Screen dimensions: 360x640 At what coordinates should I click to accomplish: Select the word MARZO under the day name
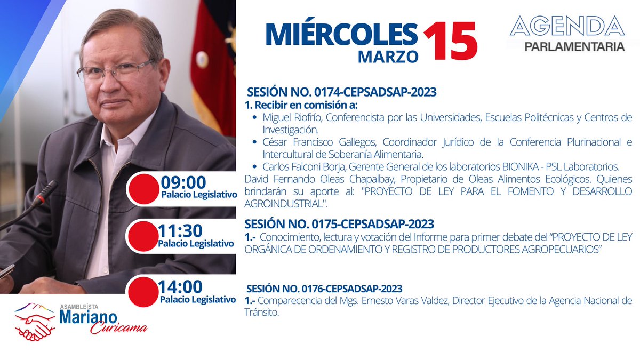click(x=388, y=55)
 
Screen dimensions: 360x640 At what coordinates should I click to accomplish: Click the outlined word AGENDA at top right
click(x=567, y=26)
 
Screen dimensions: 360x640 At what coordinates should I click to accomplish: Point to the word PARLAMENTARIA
click(x=574, y=47)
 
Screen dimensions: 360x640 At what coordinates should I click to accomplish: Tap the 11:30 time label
click(x=180, y=231)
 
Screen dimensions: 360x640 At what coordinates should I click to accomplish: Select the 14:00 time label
click(x=180, y=287)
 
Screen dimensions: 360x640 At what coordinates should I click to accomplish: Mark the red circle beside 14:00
click(x=143, y=292)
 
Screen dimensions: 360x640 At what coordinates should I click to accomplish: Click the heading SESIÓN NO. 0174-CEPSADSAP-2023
click(x=341, y=92)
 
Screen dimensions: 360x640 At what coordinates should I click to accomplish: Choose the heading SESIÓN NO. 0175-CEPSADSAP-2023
click(x=339, y=223)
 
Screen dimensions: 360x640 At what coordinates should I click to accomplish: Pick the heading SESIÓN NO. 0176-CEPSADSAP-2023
click(x=324, y=289)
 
